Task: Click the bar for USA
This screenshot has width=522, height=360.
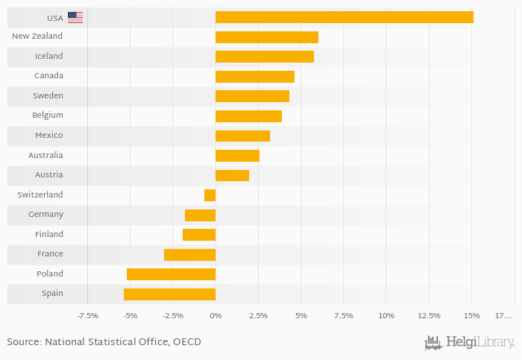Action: point(344,17)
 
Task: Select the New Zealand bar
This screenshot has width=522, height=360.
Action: point(266,37)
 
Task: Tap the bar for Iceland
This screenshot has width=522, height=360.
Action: point(264,57)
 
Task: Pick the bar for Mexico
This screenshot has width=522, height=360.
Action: point(242,136)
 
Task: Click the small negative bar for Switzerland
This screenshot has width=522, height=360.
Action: point(210,195)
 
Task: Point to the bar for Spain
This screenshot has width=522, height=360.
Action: point(169,294)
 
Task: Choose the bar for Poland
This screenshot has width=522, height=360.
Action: point(171,274)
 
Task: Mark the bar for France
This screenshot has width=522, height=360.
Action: point(189,254)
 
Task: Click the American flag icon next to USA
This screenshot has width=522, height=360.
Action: point(75,17)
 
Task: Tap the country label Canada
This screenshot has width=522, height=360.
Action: point(48,76)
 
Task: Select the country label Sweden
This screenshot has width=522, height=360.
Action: point(48,96)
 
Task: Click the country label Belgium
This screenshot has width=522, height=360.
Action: point(48,116)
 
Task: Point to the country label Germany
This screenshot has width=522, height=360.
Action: point(45,215)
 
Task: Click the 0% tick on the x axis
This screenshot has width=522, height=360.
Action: point(216,316)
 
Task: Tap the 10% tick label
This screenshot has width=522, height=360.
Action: point(386,316)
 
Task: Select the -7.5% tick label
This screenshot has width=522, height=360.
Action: point(88,316)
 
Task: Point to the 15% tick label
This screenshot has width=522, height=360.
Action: point(471,316)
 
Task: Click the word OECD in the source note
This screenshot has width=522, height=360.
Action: point(187,342)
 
